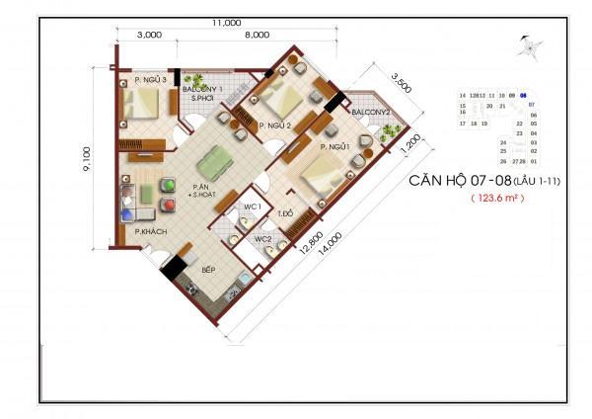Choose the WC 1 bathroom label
[x=251, y=207]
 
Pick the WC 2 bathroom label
[x=263, y=238]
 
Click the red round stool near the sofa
[x=169, y=185]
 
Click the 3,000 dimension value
[x=150, y=35]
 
